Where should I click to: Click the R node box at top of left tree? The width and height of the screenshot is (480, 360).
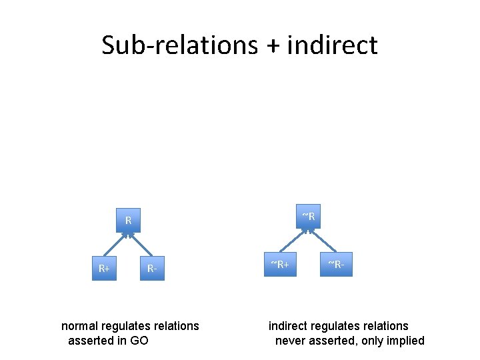click(128, 220)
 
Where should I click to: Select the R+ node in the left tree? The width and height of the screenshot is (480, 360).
click(104, 269)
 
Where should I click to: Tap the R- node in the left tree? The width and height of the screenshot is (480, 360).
click(153, 269)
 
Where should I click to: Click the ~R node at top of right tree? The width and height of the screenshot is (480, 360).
click(308, 216)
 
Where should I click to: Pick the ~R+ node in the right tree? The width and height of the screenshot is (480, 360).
click(279, 265)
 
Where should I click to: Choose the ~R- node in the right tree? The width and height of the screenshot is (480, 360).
click(336, 265)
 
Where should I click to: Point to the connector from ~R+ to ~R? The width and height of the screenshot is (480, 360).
click(294, 241)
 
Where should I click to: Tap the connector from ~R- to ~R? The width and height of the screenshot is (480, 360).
click(321, 241)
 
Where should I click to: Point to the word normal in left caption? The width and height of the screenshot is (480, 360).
click(80, 326)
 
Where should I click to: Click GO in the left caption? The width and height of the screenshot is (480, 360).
click(139, 341)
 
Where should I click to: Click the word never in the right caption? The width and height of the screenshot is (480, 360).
click(291, 341)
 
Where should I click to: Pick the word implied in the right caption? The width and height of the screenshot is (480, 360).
click(404, 341)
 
